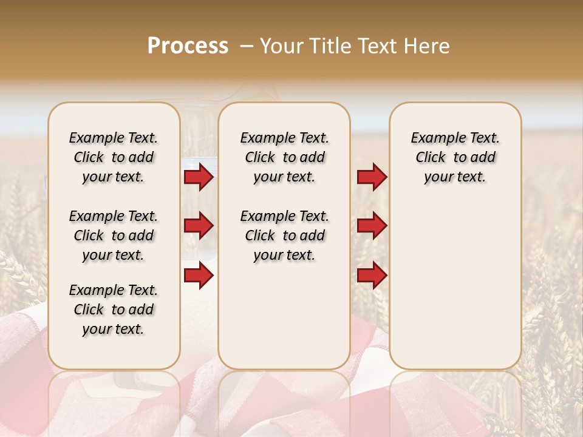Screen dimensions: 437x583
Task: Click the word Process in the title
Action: pyautogui.click(x=188, y=46)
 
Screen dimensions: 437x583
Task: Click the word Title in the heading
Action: pyautogui.click(x=329, y=46)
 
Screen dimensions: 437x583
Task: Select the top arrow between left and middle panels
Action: pyautogui.click(x=199, y=177)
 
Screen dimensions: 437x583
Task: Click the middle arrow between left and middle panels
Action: pyautogui.click(x=199, y=226)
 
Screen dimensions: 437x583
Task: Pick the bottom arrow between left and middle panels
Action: pyautogui.click(x=199, y=276)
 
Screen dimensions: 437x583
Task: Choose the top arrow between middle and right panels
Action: pyautogui.click(x=372, y=177)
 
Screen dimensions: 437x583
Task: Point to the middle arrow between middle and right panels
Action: pyautogui.click(x=372, y=226)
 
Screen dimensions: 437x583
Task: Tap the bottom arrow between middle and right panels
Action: pyautogui.click(x=372, y=276)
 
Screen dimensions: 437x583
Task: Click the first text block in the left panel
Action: pyautogui.click(x=114, y=157)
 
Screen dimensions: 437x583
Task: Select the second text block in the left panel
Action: pyautogui.click(x=114, y=235)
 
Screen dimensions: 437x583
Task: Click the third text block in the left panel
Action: pyautogui.click(x=114, y=310)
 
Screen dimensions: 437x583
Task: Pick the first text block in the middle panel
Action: pyautogui.click(x=284, y=157)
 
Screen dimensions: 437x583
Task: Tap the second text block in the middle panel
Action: pyautogui.click(x=284, y=235)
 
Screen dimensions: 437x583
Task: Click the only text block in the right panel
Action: pyautogui.click(x=455, y=157)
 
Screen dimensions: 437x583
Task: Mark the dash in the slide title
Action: pyautogui.click(x=246, y=46)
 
